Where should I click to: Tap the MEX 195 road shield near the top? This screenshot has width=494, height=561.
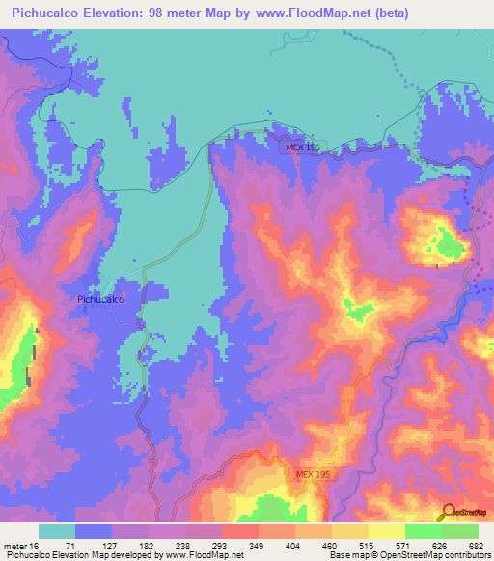[302, 147]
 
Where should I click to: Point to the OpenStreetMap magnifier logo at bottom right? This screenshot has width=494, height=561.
[449, 511]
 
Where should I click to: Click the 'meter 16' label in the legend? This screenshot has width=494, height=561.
[20, 545]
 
